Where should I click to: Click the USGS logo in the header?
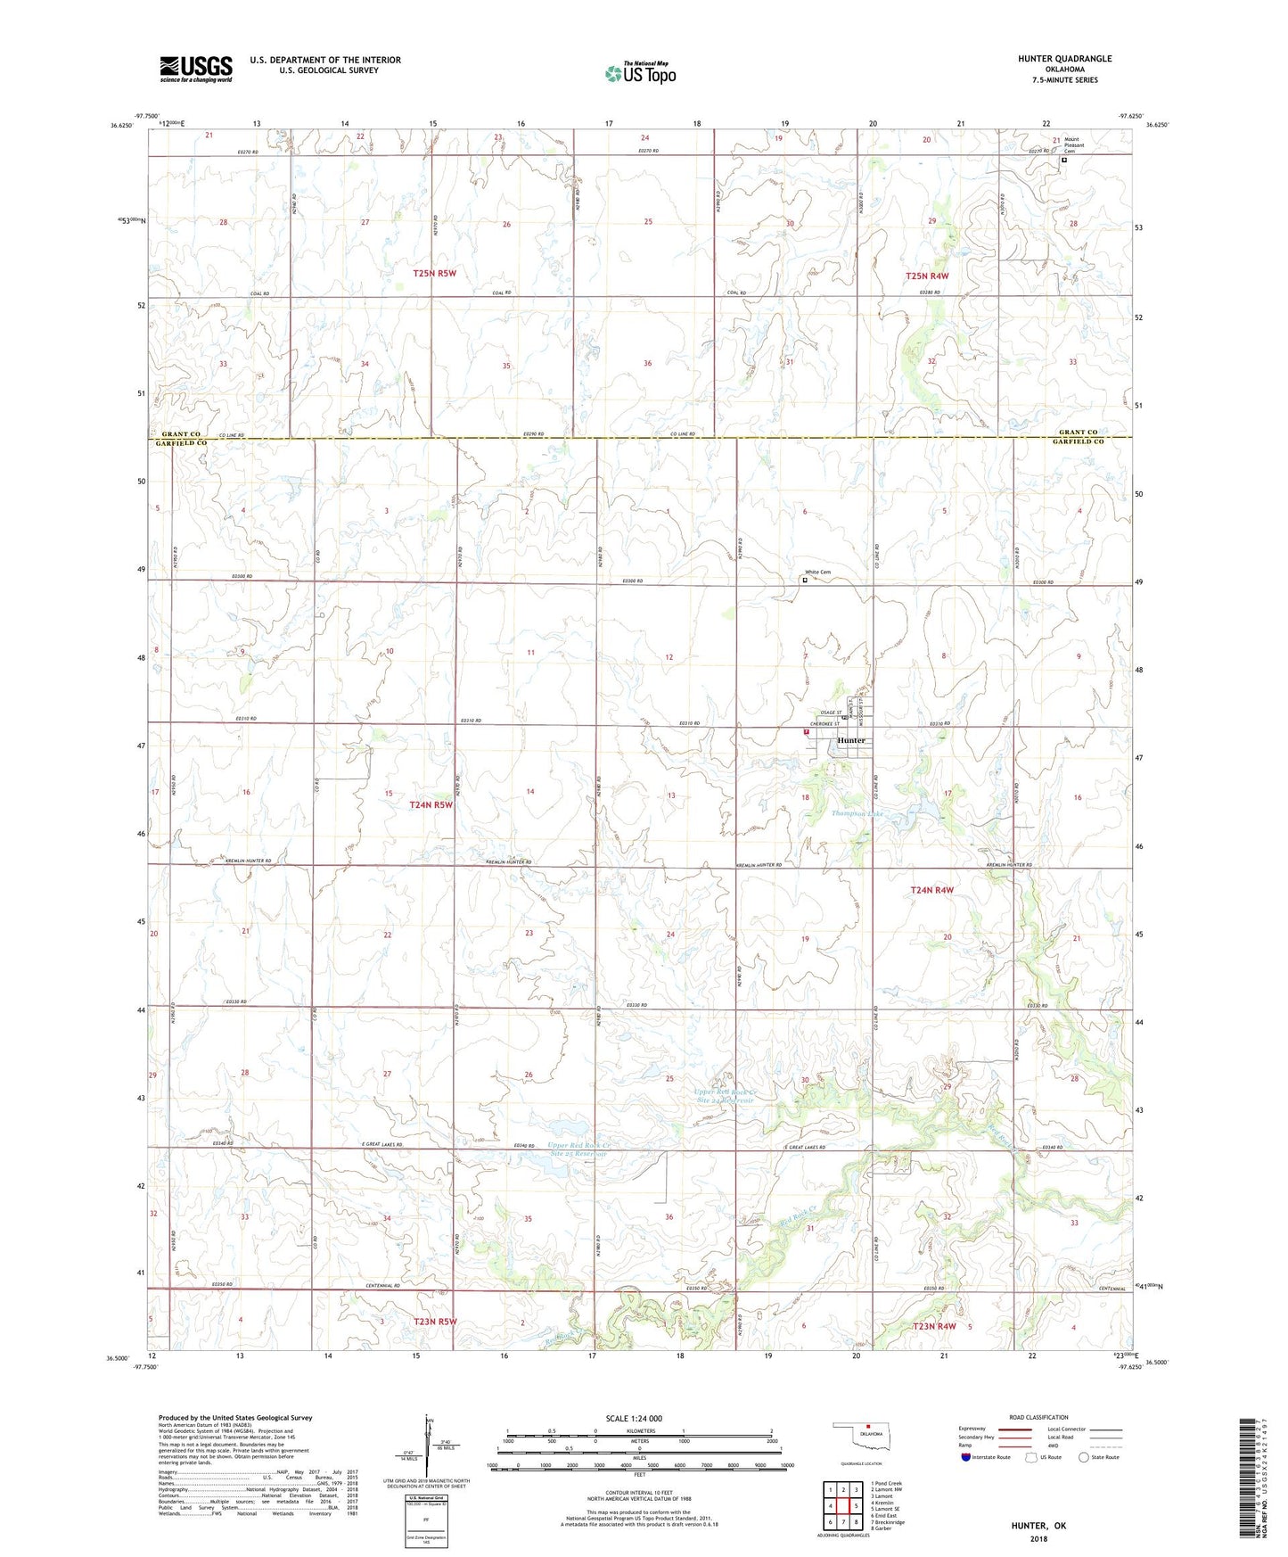196,69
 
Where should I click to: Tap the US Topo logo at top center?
640,73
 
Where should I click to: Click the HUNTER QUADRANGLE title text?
1064,59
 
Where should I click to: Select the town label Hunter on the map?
851,741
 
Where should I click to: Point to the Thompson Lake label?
857,814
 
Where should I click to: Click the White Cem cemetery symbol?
805,580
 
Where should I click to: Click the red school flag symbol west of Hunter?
806,731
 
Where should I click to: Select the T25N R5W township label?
434,273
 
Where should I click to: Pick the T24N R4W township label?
931,890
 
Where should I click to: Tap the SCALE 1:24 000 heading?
634,1418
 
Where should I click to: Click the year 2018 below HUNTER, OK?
1038,1538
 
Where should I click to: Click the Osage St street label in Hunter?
831,712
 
